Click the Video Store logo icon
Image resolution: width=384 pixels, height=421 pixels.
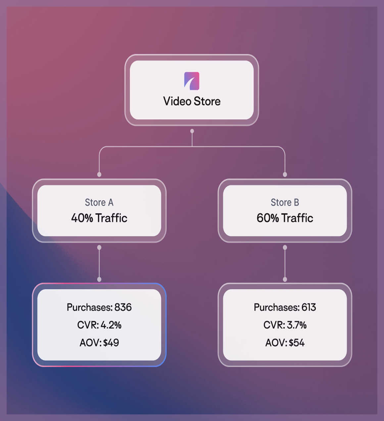(192, 81)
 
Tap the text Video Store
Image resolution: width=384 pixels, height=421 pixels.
(192, 101)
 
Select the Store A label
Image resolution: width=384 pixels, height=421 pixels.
(99, 202)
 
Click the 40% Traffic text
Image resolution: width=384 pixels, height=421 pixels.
(99, 218)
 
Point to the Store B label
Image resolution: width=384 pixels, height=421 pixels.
(285, 202)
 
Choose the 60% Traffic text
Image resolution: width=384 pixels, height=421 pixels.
(285, 218)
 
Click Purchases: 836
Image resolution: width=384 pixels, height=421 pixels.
(99, 307)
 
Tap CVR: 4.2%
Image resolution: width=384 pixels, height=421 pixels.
(99, 325)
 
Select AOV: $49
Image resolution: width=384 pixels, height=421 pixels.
(99, 343)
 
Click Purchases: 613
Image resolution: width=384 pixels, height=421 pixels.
(285, 307)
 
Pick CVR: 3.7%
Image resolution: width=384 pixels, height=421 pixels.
(285, 325)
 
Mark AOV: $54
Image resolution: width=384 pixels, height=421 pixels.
(285, 343)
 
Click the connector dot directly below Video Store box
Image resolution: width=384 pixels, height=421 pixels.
(192, 131)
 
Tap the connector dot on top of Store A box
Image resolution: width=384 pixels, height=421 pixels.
(99, 174)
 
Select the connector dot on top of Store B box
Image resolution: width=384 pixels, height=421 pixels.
(285, 174)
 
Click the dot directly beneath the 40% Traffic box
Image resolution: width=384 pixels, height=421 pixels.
(99, 248)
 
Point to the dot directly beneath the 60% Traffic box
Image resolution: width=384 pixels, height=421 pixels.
(285, 248)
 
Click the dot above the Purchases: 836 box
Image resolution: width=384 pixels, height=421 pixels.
(99, 279)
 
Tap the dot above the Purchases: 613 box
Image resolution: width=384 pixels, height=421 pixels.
(285, 279)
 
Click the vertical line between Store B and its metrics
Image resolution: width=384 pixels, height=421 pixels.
(285, 263)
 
